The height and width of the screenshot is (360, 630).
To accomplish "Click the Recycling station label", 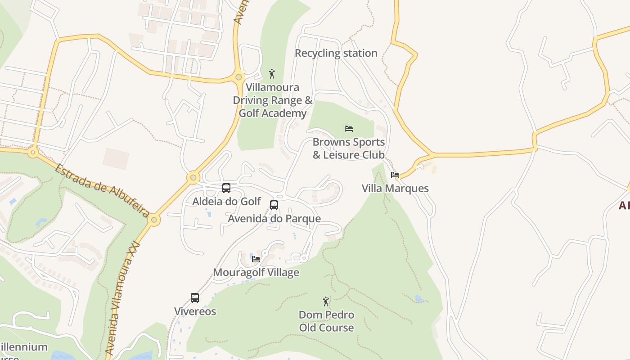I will click(336, 53).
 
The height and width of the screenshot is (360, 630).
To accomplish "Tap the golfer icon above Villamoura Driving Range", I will click(272, 74).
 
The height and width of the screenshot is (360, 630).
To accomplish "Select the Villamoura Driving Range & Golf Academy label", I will click(272, 100).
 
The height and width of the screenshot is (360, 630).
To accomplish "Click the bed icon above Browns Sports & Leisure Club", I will click(349, 129).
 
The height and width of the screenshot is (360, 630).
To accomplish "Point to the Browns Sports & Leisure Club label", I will click(349, 148).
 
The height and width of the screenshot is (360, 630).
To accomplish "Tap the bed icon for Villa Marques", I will click(395, 175).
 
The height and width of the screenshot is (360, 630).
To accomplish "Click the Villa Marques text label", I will click(395, 188).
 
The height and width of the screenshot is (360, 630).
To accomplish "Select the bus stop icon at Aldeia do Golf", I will click(226, 188).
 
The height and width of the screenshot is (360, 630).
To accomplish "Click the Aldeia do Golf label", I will click(226, 201).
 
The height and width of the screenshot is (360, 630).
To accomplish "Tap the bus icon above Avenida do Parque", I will click(274, 205).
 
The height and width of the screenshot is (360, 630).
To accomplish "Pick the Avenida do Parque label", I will click(274, 219).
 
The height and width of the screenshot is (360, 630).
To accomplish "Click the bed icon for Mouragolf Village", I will click(256, 259).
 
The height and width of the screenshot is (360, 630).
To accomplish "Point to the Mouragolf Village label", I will click(256, 272).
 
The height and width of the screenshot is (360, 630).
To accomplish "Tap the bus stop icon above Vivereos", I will click(195, 298).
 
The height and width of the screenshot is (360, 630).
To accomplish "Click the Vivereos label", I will click(195, 311).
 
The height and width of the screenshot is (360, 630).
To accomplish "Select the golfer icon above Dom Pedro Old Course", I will click(326, 301).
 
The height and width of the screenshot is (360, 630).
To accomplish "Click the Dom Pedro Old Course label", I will click(326, 321).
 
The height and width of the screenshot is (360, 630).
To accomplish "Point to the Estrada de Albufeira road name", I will click(102, 190).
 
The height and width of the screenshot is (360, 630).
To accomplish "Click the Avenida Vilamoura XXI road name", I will click(122, 297).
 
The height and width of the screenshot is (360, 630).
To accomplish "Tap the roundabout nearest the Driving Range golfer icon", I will click(239, 77).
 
